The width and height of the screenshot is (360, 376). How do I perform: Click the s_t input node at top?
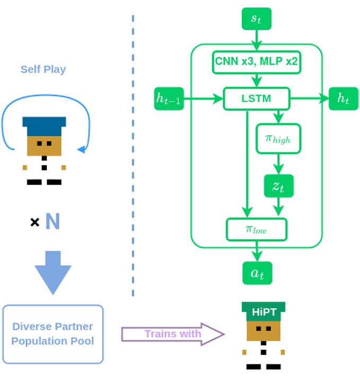click(257, 19)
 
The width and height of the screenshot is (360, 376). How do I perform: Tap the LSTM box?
click(257, 99)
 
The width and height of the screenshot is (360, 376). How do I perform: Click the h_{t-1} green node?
click(169, 99)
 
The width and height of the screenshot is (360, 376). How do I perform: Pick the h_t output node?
click(343, 99)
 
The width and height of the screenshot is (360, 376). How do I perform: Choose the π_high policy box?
click(278, 139)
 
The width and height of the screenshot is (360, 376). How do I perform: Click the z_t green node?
click(278, 186)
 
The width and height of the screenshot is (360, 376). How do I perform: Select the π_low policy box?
click(257, 229)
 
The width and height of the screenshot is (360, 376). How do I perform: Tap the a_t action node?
click(257, 273)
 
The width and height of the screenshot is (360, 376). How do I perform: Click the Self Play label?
click(43, 69)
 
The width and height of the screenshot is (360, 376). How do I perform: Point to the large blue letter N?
click(52, 221)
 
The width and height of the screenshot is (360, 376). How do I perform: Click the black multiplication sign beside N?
click(34, 222)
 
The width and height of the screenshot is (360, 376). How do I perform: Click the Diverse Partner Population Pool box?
click(52, 334)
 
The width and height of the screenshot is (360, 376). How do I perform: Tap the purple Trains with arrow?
click(173, 334)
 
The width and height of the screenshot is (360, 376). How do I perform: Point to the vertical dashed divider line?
click(133, 159)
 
